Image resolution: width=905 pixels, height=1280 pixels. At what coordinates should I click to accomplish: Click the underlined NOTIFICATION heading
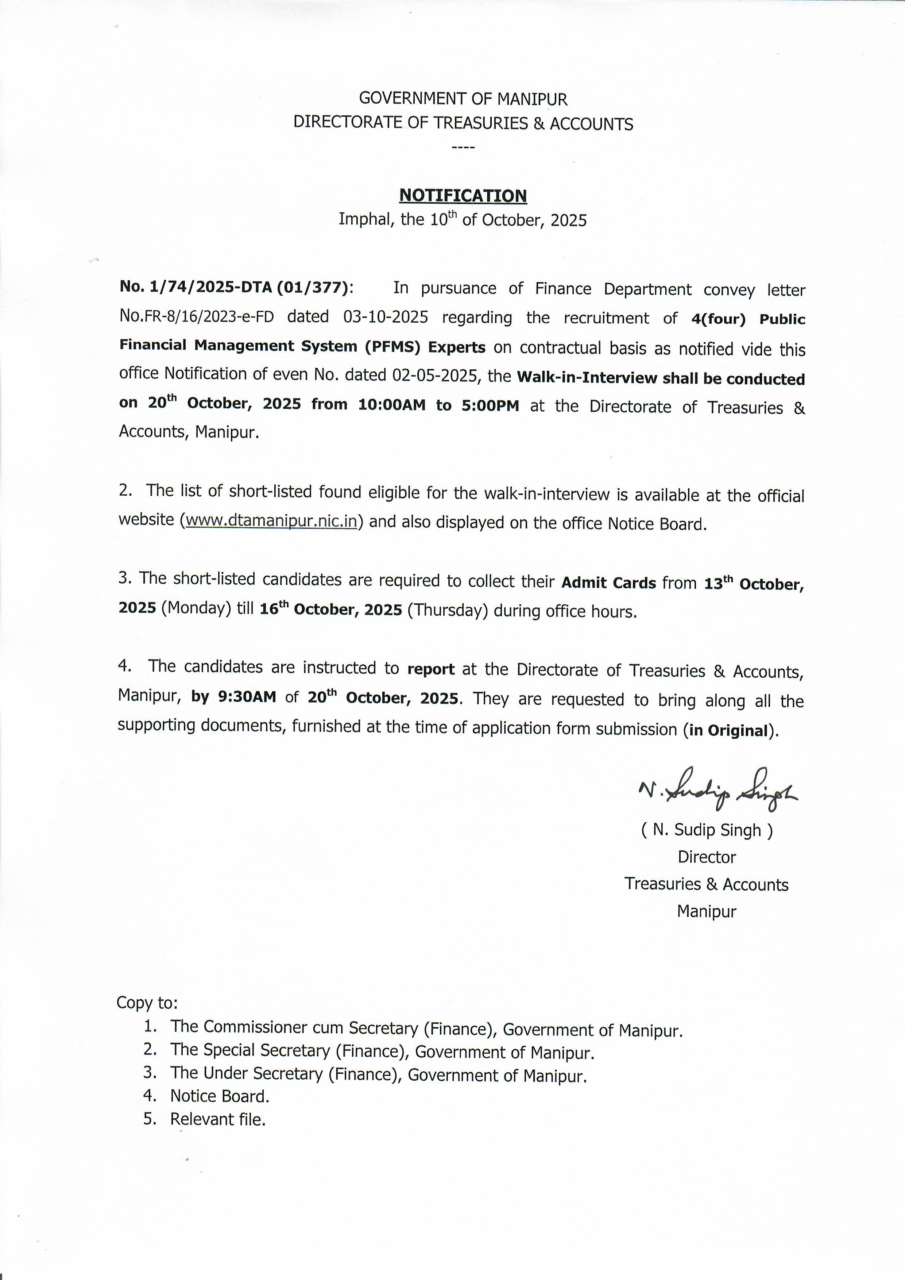463,196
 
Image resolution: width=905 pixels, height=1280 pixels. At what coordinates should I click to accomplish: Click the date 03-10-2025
386,317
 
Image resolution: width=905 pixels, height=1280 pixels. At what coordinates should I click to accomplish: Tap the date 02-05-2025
436,375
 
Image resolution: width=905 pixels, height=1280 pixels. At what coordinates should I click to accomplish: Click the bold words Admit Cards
608,583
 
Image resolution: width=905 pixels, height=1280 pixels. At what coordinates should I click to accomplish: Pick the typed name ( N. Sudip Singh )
707,830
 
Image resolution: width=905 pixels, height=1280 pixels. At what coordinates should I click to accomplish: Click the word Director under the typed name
707,857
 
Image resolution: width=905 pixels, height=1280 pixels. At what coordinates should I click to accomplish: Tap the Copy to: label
147,1003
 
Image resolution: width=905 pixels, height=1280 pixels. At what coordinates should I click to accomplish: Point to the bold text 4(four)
718,319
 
